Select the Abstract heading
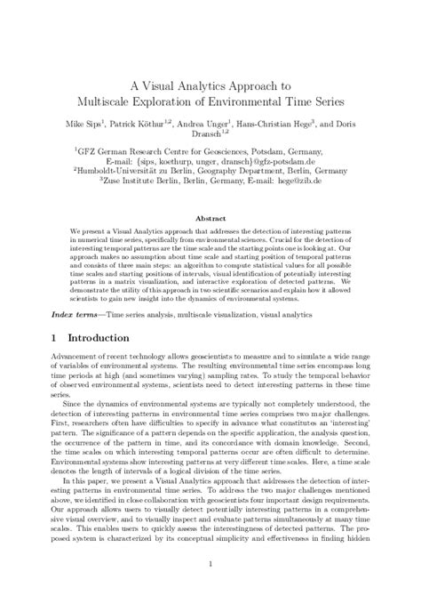(x=210, y=217)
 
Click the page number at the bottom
(x=210, y=564)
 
